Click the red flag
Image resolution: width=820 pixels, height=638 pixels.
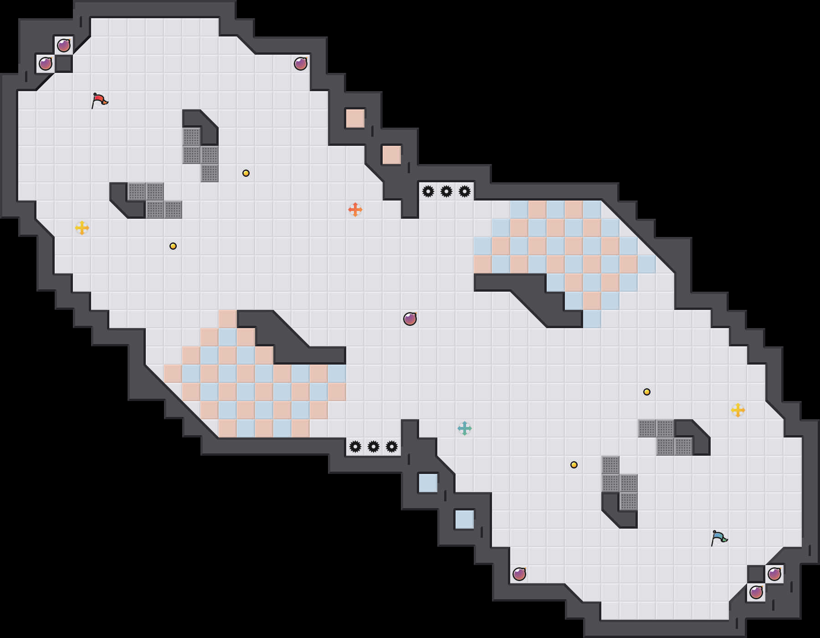tap(99, 100)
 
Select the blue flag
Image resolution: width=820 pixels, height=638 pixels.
tap(718, 538)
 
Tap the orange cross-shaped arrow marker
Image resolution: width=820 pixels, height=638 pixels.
tap(355, 210)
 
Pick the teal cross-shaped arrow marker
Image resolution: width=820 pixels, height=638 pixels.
tap(465, 428)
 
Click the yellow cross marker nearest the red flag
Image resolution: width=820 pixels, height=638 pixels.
tap(82, 228)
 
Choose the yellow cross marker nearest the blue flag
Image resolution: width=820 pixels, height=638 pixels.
tap(738, 410)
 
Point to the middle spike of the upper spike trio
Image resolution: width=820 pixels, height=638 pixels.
tap(446, 191)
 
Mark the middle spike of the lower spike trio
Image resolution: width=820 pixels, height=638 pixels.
tap(374, 447)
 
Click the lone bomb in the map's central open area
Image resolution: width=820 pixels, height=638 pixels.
tap(410, 319)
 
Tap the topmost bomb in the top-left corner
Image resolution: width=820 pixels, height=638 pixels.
tap(64, 46)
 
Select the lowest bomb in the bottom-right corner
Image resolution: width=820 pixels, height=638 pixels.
tap(756, 592)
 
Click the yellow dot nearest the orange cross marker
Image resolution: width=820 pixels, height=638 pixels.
tap(246, 173)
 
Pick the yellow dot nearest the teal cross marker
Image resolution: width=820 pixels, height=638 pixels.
tap(574, 465)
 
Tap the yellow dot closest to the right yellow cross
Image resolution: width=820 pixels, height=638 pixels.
tap(647, 392)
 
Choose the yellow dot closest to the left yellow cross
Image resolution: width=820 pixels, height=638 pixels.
tap(173, 246)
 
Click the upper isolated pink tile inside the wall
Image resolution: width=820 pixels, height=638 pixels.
tap(355, 118)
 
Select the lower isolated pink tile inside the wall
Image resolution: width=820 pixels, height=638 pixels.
tap(392, 155)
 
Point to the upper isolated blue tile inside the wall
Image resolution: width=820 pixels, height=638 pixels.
tap(428, 483)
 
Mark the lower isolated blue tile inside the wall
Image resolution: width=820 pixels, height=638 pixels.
tap(465, 520)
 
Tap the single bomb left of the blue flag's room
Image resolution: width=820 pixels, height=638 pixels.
tap(519, 574)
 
